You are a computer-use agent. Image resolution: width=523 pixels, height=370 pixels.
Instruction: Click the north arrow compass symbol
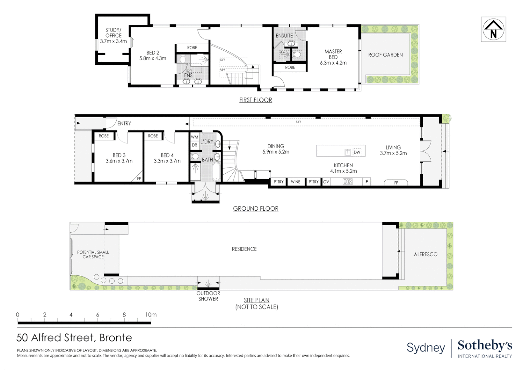(x=493, y=29)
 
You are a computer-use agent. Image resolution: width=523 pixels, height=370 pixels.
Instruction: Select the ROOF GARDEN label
(x=385, y=55)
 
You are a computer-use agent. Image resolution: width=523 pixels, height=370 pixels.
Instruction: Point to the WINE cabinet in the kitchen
(x=296, y=182)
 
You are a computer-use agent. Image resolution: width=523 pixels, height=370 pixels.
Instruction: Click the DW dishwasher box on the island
(x=357, y=152)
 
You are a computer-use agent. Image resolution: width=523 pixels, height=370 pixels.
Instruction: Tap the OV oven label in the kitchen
(x=326, y=182)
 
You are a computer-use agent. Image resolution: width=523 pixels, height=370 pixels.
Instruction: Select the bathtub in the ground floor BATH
(x=216, y=172)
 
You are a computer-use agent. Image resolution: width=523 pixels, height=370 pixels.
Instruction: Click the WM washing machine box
(x=194, y=137)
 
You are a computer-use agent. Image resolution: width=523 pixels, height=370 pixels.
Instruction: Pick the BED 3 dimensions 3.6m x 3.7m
(x=119, y=161)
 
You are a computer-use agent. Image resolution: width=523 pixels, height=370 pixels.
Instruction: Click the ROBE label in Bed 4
(x=153, y=136)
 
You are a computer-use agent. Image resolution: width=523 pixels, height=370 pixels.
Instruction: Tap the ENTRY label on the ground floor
(x=124, y=123)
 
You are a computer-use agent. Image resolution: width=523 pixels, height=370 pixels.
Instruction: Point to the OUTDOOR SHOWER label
(x=208, y=296)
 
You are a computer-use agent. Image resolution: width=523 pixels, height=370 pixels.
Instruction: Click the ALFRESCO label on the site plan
(x=426, y=254)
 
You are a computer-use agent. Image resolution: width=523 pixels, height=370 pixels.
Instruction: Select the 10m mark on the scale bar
(x=151, y=314)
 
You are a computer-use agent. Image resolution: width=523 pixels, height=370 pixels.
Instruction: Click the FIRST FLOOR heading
(x=256, y=100)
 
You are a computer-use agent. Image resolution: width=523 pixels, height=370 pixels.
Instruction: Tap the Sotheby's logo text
(x=485, y=346)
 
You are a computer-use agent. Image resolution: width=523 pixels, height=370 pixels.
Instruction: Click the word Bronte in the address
(x=116, y=337)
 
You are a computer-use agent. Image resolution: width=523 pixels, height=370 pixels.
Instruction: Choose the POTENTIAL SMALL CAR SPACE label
(x=93, y=255)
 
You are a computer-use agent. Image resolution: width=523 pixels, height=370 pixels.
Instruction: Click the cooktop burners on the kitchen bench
(x=347, y=182)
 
